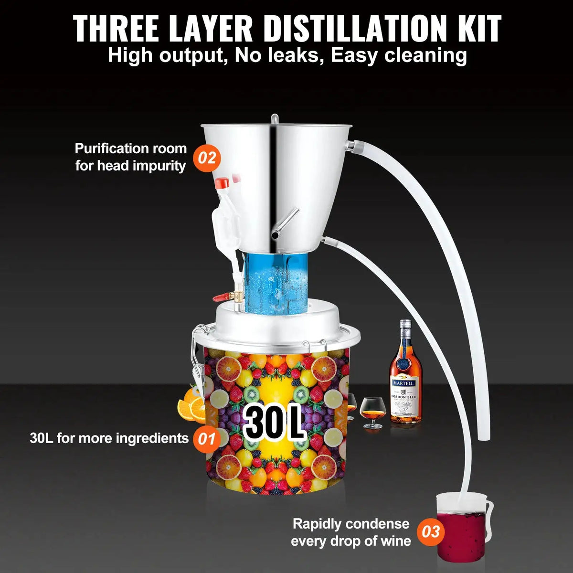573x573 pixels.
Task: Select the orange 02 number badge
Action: coord(206,158)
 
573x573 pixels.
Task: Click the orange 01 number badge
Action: coord(206,438)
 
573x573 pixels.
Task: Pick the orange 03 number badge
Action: coord(431,532)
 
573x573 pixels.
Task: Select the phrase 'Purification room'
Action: coord(130,149)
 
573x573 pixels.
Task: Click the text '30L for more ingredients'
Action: coord(109,438)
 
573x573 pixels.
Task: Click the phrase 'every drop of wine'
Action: coord(350,541)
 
